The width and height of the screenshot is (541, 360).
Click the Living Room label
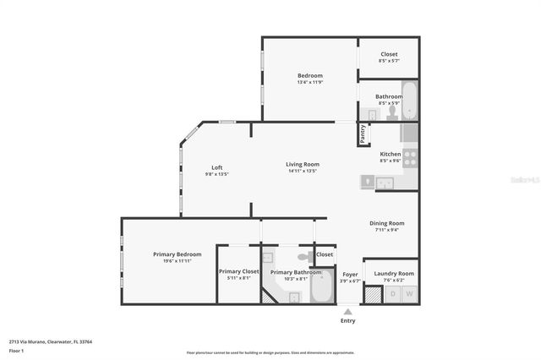(302, 164)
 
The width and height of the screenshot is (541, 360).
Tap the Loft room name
(217, 167)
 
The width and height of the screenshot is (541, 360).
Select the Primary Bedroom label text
(178, 254)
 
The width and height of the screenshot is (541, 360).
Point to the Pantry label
(363, 134)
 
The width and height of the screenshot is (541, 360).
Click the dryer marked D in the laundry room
(392, 294)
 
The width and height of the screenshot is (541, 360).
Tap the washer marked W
(409, 294)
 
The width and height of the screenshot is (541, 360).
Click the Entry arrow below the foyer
(347, 312)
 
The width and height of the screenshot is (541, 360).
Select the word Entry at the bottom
(347, 321)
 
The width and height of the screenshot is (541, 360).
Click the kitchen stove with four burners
(410, 155)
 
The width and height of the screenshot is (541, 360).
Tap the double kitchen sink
(385, 182)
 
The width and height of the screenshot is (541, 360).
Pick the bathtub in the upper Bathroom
(409, 101)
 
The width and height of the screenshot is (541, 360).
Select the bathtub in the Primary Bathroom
(322, 288)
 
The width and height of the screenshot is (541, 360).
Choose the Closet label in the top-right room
(389, 54)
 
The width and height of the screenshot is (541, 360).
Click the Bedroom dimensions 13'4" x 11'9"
(309, 82)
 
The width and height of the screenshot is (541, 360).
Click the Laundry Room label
(394, 273)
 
